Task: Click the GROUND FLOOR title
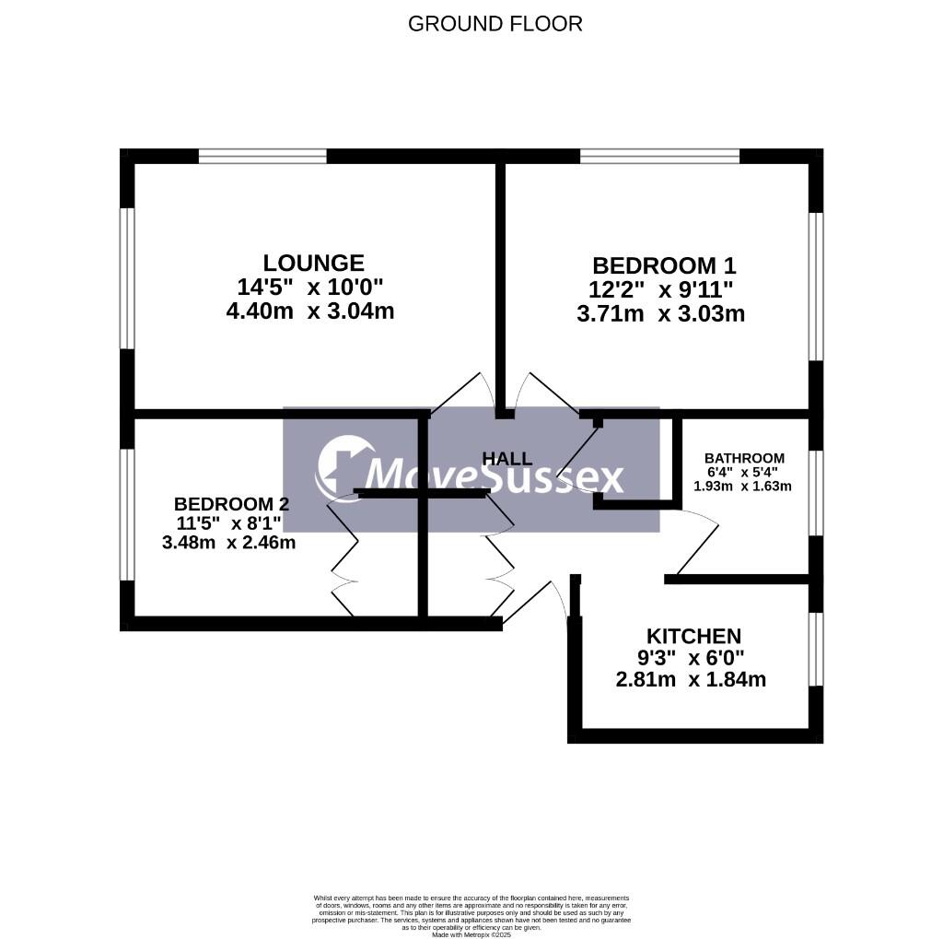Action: pyautogui.click(x=495, y=24)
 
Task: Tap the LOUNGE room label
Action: pyautogui.click(x=313, y=264)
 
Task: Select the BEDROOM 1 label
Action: pyautogui.click(x=663, y=266)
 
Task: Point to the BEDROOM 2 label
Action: pyautogui.click(x=231, y=504)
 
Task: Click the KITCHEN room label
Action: pyautogui.click(x=693, y=636)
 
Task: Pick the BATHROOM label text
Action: pyautogui.click(x=744, y=458)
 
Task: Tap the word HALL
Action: pyautogui.click(x=507, y=458)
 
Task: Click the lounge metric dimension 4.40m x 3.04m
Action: pyautogui.click(x=309, y=311)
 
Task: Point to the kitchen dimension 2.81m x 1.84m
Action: pyautogui.click(x=691, y=680)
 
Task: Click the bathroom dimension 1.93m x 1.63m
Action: pyautogui.click(x=743, y=486)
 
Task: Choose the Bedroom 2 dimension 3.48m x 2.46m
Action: pyautogui.click(x=228, y=542)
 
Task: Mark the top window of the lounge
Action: pyautogui.click(x=262, y=157)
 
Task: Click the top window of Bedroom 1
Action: pyautogui.click(x=659, y=157)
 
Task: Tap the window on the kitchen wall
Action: pyautogui.click(x=815, y=650)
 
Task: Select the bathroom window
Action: pyautogui.click(x=815, y=492)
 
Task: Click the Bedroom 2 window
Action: pyautogui.click(x=128, y=514)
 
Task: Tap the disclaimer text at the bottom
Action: pyautogui.click(x=471, y=915)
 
